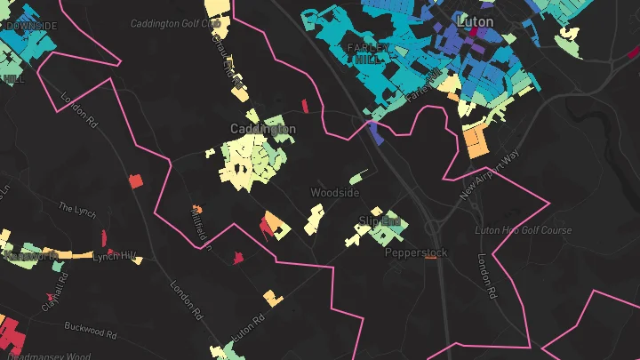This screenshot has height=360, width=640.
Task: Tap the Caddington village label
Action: pyautogui.click(x=263, y=129)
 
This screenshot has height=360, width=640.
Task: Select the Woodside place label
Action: pyautogui.click(x=335, y=192)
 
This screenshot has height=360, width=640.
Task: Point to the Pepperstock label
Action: pyautogui.click(x=415, y=252)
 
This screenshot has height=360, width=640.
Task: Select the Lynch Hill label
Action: pyautogui.click(x=117, y=256)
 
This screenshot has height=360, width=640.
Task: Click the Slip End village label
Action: pyautogui.click(x=380, y=220)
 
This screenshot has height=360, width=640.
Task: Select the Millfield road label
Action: pyautogui.click(x=200, y=224)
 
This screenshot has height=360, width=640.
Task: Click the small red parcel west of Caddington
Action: pyautogui.click(x=135, y=181)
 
